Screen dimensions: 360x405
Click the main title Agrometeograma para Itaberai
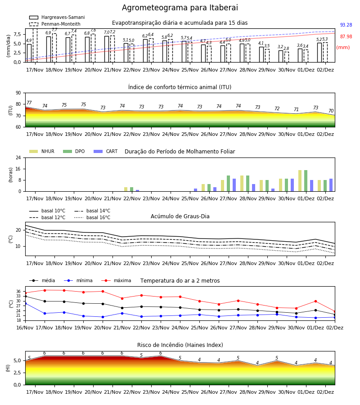click(x=180, y=8)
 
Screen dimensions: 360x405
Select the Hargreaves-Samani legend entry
click(x=57, y=17)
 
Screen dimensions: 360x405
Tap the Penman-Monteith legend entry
click(x=55, y=24)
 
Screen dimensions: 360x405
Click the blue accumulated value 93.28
click(x=346, y=25)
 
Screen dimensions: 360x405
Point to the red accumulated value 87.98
click(x=346, y=37)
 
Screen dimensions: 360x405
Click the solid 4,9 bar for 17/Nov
click(x=29, y=53)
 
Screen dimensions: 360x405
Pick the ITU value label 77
click(x=29, y=103)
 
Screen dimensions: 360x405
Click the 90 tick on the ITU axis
click(x=18, y=93)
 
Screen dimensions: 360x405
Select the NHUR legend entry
click(x=42, y=151)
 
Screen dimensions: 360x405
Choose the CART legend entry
click(x=106, y=151)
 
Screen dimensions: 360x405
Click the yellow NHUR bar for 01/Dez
click(x=300, y=181)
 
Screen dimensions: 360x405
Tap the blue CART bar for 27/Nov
click(x=234, y=185)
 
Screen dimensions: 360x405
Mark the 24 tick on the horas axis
click(x=18, y=157)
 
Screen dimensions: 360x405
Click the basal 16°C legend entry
click(x=92, y=217)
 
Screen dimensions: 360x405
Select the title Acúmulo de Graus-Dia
click(x=180, y=216)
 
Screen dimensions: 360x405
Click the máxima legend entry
click(x=117, y=280)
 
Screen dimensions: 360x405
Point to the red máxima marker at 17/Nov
click(x=45, y=290)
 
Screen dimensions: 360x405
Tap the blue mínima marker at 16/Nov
click(x=25, y=303)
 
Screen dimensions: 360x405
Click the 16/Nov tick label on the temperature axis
click(x=25, y=328)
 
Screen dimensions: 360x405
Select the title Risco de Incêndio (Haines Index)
click(x=180, y=345)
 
